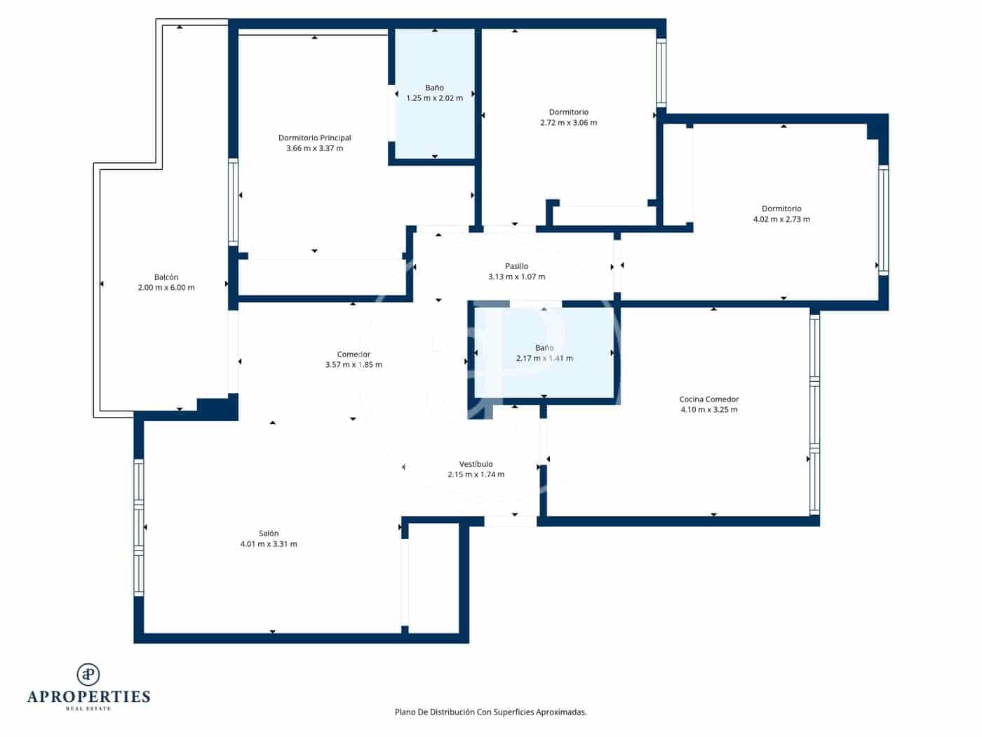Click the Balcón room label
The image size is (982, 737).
[x=166, y=277]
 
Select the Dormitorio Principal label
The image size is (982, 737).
[x=314, y=138]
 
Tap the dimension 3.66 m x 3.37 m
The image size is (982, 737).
[x=314, y=149]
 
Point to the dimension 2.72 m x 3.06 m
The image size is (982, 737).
[x=568, y=123]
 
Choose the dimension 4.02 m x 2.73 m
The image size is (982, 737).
[x=781, y=220]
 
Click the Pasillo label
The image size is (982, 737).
[x=516, y=266]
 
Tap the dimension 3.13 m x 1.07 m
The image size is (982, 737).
[x=516, y=277]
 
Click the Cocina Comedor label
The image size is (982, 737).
[x=708, y=399]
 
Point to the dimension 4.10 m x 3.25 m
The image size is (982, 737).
[x=708, y=410]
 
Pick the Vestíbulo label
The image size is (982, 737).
[x=476, y=464]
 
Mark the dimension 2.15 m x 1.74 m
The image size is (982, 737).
[x=476, y=475]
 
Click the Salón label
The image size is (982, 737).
[x=268, y=533]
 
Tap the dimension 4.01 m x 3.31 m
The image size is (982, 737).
[x=268, y=545]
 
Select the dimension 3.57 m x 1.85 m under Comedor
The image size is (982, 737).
[x=354, y=365]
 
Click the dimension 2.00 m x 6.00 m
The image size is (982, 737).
[x=166, y=288]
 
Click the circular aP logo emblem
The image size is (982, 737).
[x=88, y=675]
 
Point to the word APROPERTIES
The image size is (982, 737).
[x=88, y=697]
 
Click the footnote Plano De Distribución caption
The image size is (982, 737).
[x=490, y=712]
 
